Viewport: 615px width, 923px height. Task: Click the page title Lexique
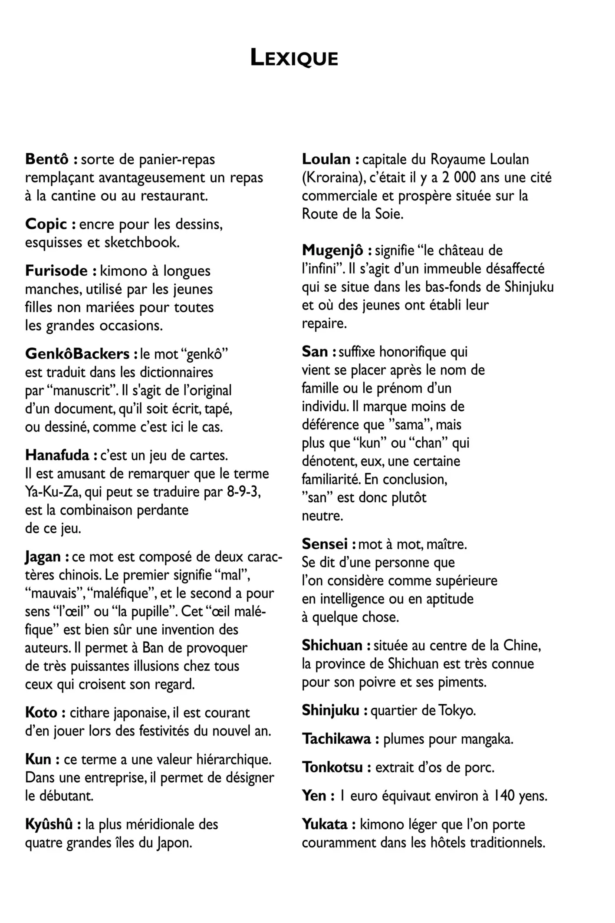pyautogui.click(x=294, y=59)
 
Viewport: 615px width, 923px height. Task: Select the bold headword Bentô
pyautogui.click(x=47, y=159)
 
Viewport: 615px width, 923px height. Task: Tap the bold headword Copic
pyautogui.click(x=46, y=224)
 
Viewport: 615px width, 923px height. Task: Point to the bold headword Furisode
pyautogui.click(x=56, y=271)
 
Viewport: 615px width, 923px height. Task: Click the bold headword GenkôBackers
pyautogui.click(x=77, y=354)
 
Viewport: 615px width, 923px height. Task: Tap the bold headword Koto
pyautogui.click(x=41, y=713)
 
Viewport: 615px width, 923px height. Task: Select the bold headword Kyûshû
pyautogui.click(x=49, y=824)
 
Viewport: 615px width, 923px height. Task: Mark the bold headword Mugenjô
pyautogui.click(x=332, y=251)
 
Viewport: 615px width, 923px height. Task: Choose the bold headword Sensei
pyautogui.click(x=325, y=544)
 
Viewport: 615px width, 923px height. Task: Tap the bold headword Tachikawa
pyautogui.click(x=336, y=739)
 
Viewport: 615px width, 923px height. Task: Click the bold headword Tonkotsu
pyautogui.click(x=332, y=767)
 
